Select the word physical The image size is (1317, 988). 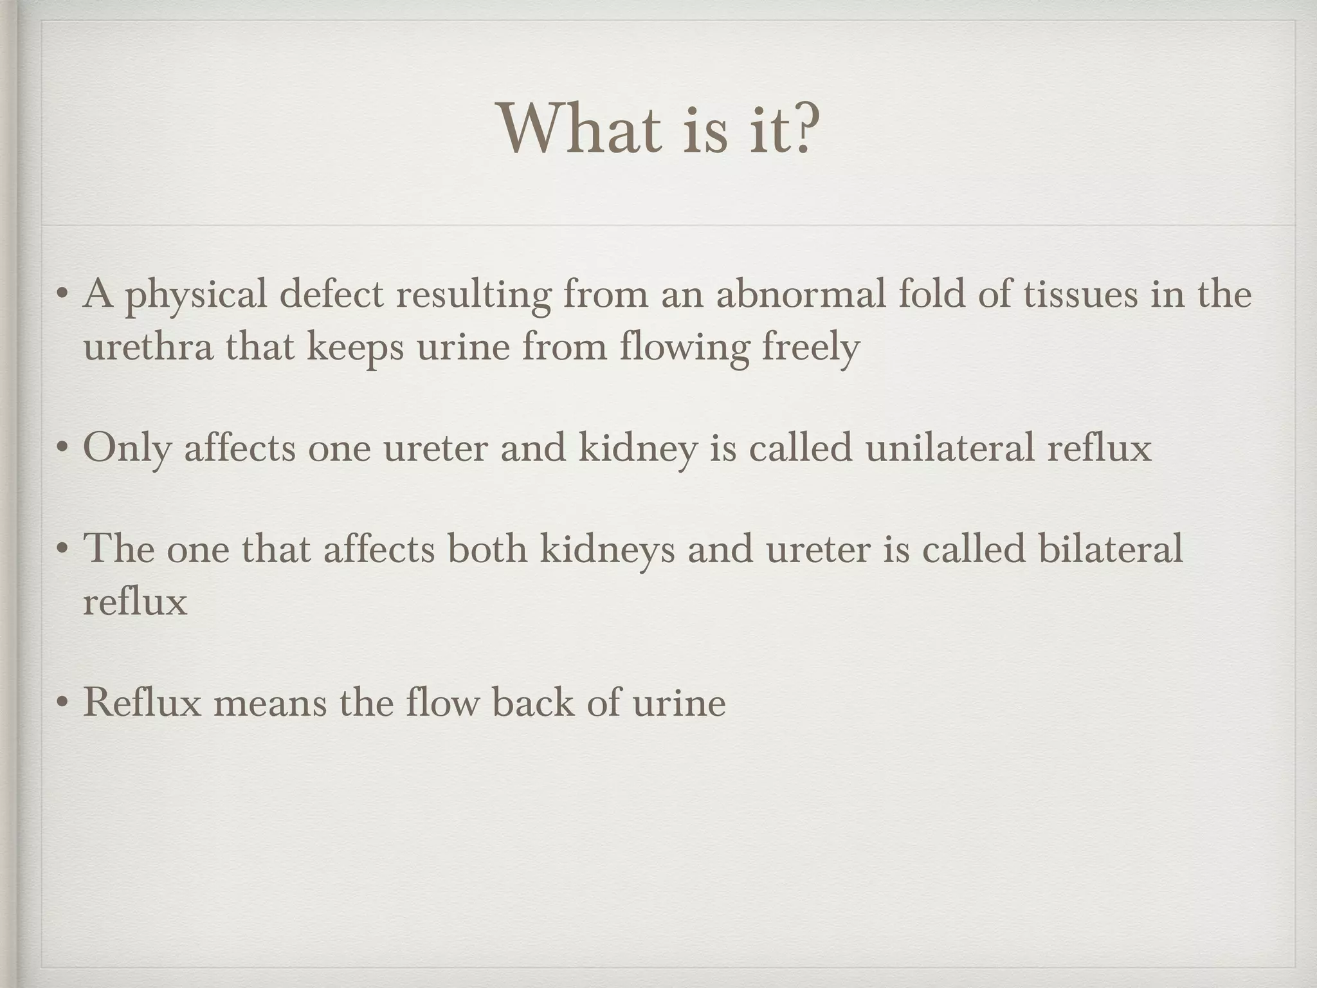pos(195,295)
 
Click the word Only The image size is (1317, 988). pos(127,448)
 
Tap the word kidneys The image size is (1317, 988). pos(607,550)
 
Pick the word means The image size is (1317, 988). pos(270,702)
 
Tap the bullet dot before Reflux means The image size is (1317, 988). pos(62,702)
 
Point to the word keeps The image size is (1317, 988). pos(355,347)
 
